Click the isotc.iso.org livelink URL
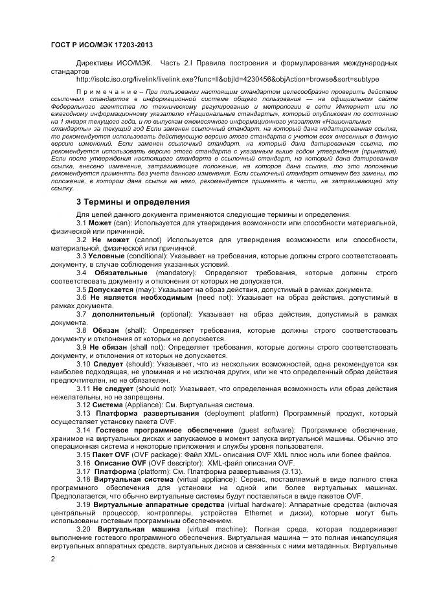228,79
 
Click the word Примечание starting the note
107,92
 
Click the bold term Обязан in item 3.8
107,331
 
